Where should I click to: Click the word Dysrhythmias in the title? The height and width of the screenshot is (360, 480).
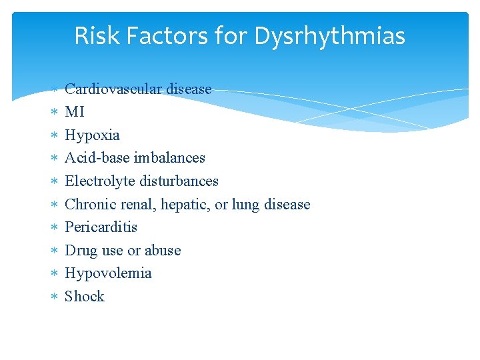[329, 36]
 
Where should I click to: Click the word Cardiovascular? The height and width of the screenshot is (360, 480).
[113, 89]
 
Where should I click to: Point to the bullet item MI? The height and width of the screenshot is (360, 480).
[75, 112]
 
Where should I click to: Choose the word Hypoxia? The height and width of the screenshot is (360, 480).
[92, 135]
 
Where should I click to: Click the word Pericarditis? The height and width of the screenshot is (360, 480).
[101, 227]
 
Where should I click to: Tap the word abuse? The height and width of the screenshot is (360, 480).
[163, 251]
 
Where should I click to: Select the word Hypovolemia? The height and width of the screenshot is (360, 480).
[108, 273]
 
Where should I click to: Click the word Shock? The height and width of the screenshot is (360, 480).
[85, 297]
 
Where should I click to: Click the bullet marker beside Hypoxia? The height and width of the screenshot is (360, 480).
[55, 135]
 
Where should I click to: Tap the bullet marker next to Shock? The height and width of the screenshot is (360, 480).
[55, 297]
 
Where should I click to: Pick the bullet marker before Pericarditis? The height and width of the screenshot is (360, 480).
[55, 227]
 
